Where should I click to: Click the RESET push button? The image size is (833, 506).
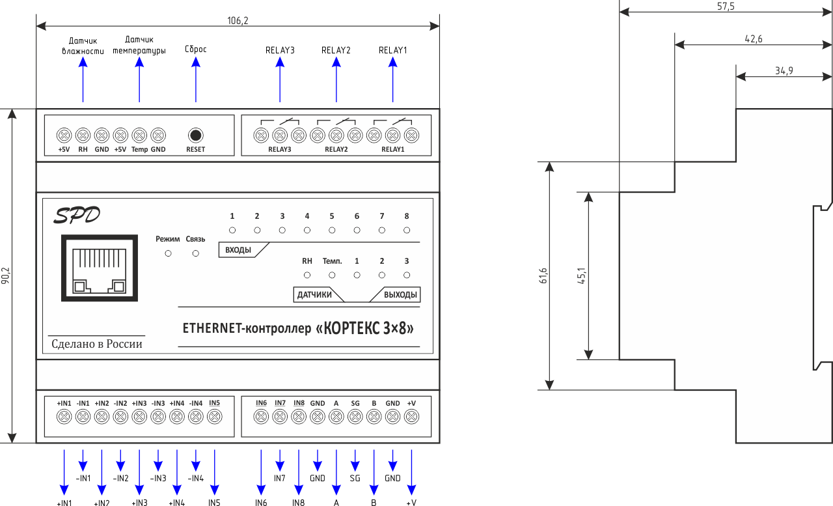coord(195,135)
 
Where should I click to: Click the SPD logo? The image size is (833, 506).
coord(77,216)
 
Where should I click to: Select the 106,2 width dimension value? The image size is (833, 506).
coord(238,21)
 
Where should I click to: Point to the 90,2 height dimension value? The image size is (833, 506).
coord(5,276)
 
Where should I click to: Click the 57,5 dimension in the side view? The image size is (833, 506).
coord(726,6)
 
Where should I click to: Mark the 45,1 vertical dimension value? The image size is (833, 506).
coord(582,275)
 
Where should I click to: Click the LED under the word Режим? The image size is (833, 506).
coord(168,253)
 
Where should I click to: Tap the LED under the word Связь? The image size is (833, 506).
coord(195,253)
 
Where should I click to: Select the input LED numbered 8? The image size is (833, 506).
coord(407,230)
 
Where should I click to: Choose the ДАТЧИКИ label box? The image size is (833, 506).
coord(316,295)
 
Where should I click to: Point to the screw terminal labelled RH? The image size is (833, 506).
coord(83,135)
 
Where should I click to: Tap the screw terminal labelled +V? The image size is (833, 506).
coord(411,417)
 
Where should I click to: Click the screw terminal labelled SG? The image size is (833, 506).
coord(355,417)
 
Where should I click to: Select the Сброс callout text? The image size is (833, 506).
coord(196,49)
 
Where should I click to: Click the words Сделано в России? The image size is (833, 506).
coord(96,344)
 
